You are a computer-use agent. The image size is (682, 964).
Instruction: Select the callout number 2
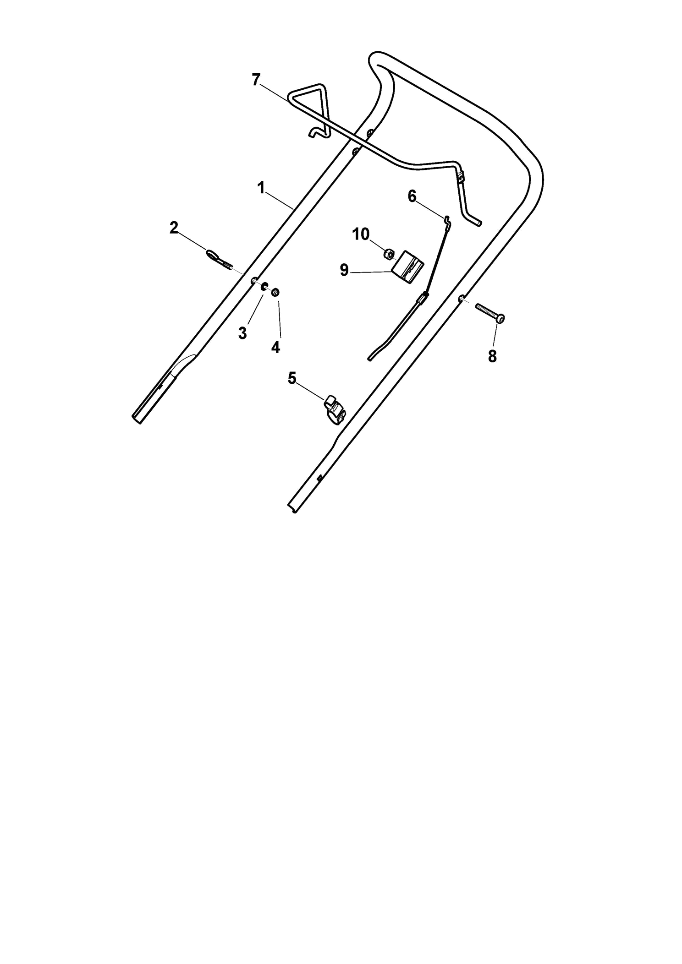click(174, 228)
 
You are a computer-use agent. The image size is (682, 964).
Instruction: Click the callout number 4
click(275, 348)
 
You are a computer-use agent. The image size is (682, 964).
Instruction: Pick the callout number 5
click(292, 378)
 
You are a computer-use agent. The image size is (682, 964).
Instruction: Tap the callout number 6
click(412, 196)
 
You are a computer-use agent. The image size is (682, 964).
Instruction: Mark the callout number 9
click(344, 270)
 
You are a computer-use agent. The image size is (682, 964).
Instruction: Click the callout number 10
click(361, 234)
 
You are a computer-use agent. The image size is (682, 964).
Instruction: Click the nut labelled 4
click(276, 292)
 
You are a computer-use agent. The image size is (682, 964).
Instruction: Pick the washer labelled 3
click(264, 287)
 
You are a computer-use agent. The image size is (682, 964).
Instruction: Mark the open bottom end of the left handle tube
click(137, 419)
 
